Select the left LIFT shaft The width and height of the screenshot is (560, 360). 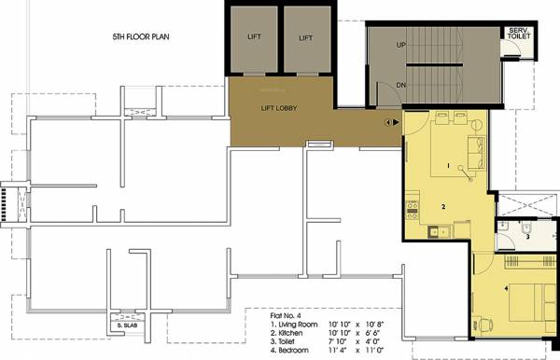point(254,38)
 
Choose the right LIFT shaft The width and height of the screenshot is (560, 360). point(305,38)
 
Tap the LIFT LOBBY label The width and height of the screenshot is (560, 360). point(278,108)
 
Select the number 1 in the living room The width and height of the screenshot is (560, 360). point(448,166)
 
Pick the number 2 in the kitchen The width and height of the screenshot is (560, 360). point(444,206)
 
